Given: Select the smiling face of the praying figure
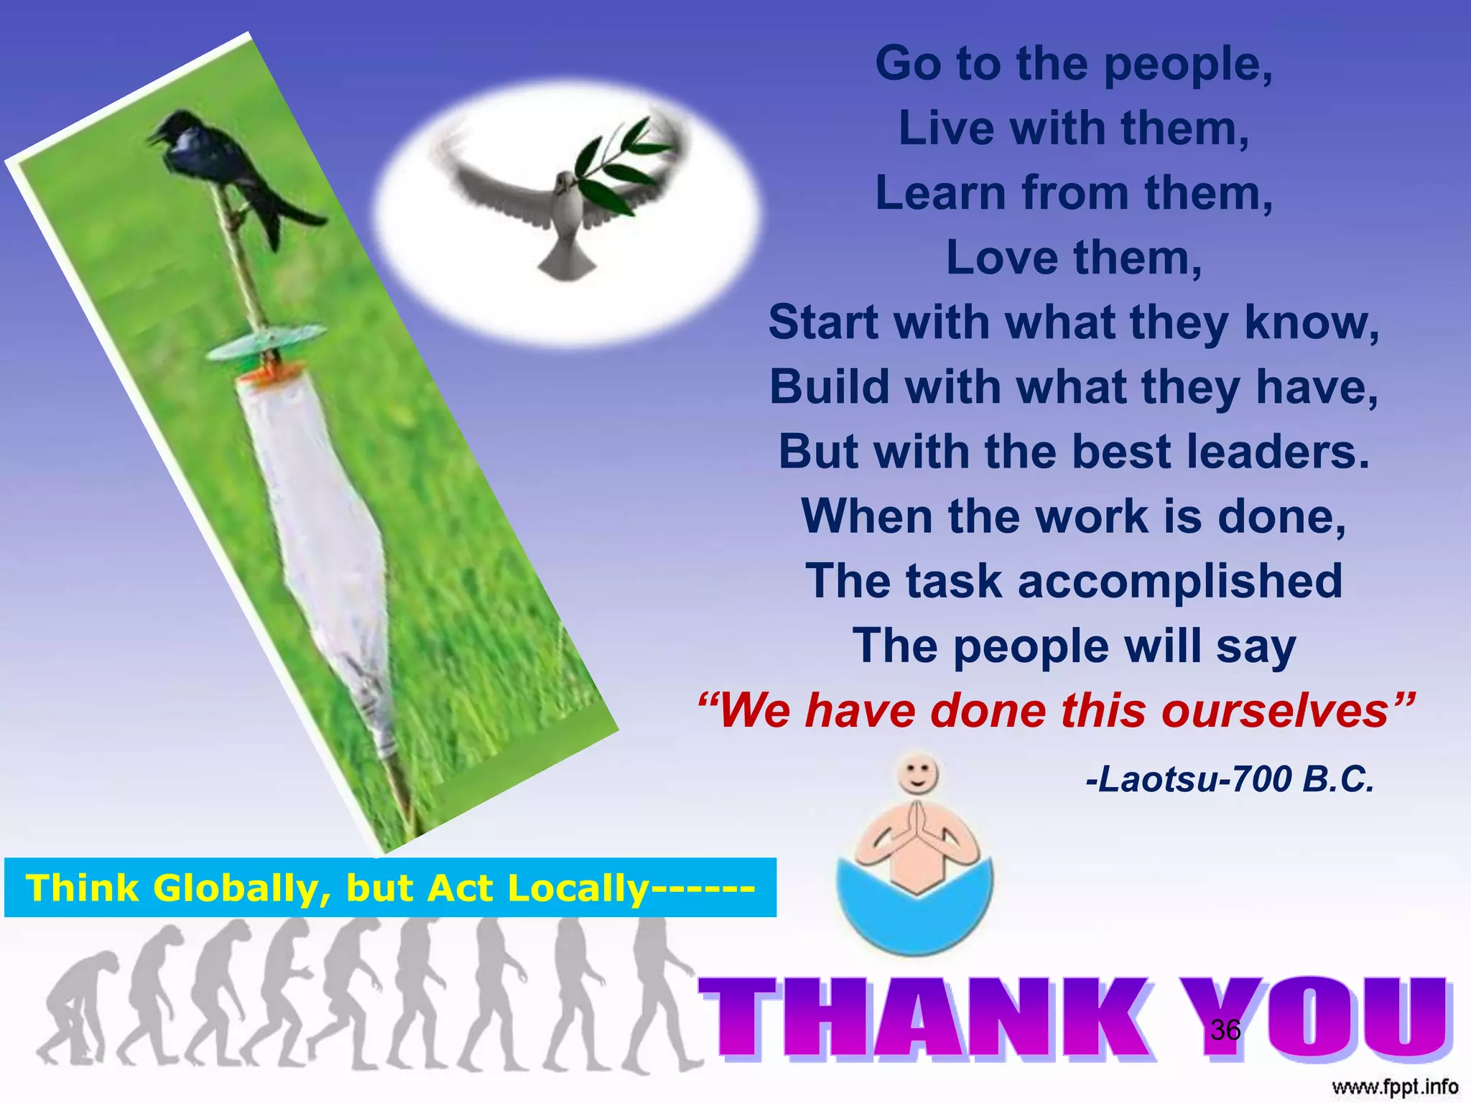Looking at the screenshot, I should point(917,773).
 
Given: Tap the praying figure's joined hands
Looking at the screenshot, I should point(917,826).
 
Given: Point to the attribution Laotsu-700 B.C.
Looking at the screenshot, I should point(1230,779).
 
